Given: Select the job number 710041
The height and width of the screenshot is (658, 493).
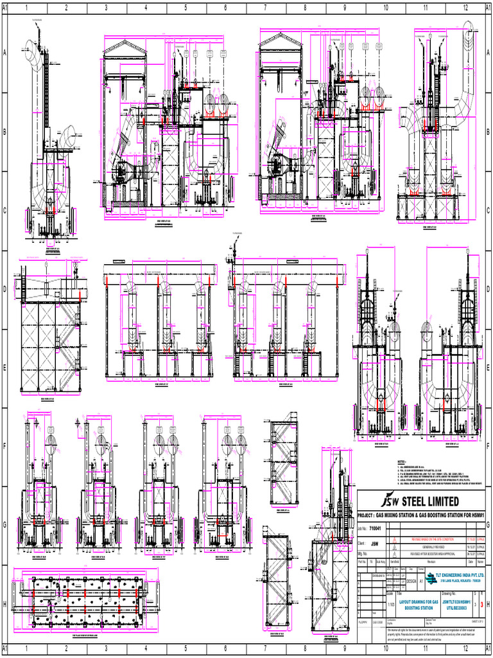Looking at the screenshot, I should (x=375, y=529).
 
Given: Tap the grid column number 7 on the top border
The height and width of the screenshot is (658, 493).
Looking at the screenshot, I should (x=265, y=8).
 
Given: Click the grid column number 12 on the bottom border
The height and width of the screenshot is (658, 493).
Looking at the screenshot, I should (x=465, y=649).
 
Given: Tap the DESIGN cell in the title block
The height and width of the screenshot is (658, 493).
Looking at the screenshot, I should (x=411, y=581).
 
